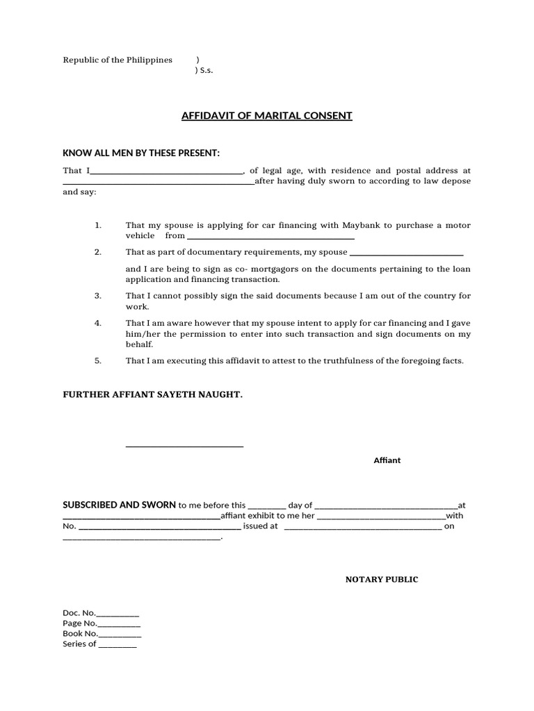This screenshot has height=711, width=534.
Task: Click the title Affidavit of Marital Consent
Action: (266, 115)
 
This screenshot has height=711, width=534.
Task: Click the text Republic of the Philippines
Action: (118, 60)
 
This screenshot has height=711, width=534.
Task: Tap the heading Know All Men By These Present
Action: (141, 153)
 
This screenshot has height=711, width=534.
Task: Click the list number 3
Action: (98, 296)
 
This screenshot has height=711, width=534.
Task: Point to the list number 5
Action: (98, 361)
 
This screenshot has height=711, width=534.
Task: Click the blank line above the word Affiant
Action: (184, 446)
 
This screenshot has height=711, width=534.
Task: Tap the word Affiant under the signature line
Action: (387, 460)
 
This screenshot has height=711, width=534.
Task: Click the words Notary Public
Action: (382, 579)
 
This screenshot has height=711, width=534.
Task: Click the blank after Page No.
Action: (119, 626)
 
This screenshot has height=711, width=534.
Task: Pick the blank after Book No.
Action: (120, 636)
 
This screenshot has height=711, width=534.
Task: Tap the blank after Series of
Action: (118, 646)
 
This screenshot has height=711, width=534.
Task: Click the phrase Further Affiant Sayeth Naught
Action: (153, 394)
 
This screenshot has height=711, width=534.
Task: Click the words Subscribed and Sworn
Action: (120, 505)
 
